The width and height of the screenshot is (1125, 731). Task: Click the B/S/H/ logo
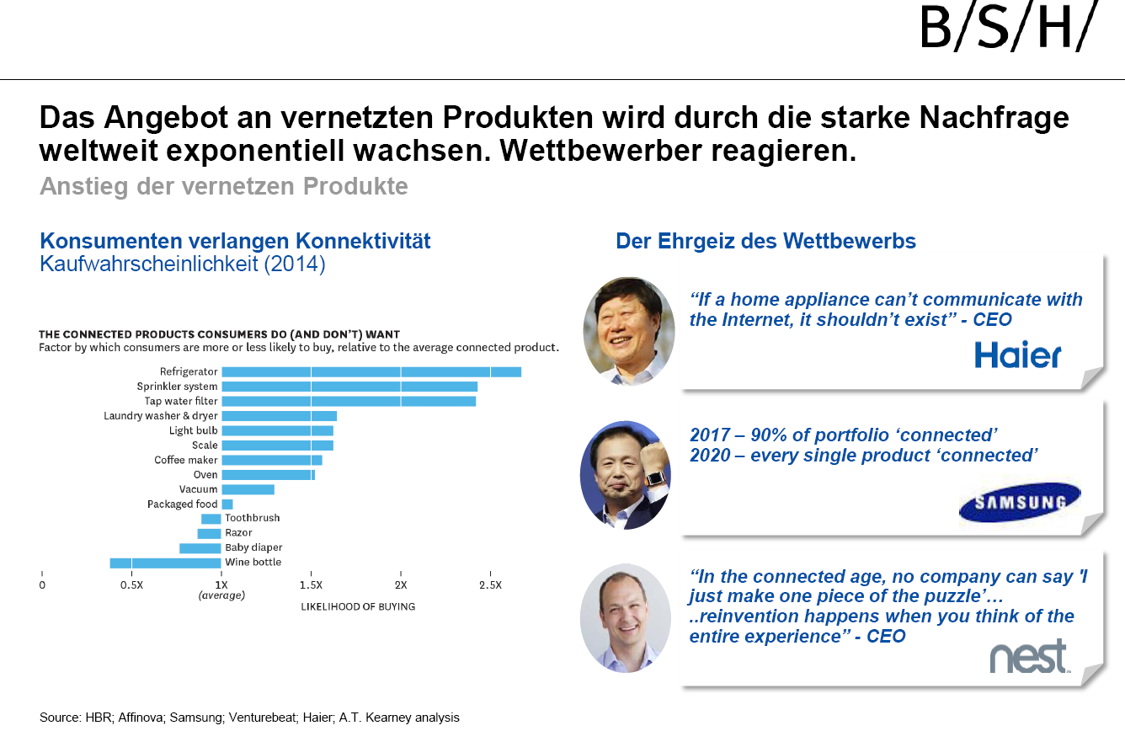(1009, 29)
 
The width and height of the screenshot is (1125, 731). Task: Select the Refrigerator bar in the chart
(371, 371)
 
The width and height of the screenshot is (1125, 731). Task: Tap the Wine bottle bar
(165, 563)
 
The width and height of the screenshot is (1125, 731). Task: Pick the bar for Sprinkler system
(349, 387)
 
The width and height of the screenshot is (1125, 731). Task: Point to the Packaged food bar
(227, 504)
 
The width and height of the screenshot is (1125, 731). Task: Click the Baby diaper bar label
(253, 547)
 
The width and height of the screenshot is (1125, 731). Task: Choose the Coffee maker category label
(185, 460)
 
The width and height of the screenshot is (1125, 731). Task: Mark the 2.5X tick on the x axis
(490, 584)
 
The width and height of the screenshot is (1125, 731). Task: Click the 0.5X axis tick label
(131, 584)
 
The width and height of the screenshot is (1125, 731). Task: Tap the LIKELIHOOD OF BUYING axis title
(358, 606)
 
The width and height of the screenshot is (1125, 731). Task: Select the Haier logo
(1017, 355)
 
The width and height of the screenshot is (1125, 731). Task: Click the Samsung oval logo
(1020, 503)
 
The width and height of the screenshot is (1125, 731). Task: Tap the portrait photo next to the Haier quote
(628, 331)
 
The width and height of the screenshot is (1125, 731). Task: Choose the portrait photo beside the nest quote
(625, 617)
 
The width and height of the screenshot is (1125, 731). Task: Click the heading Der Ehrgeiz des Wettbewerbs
(765, 242)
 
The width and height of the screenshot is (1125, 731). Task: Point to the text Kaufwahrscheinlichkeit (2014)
(182, 264)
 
